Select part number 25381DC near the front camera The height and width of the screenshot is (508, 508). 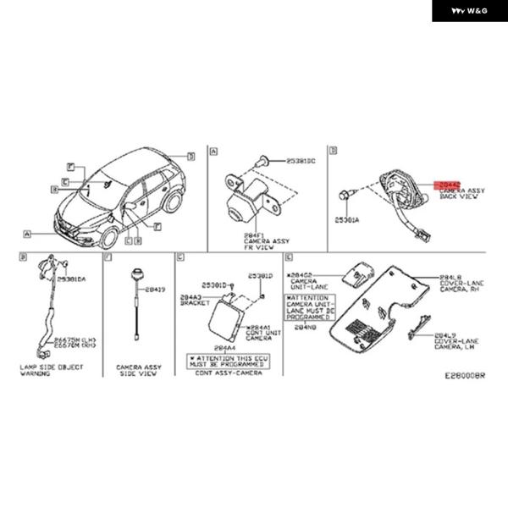coord(301,159)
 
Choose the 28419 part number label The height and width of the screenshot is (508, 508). coord(156,289)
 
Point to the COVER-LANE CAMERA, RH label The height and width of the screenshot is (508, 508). coord(462,284)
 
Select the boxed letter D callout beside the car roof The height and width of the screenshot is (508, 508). coord(191,156)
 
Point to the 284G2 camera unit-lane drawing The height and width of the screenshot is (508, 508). coord(356,273)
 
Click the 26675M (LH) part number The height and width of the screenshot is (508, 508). coord(72,338)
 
